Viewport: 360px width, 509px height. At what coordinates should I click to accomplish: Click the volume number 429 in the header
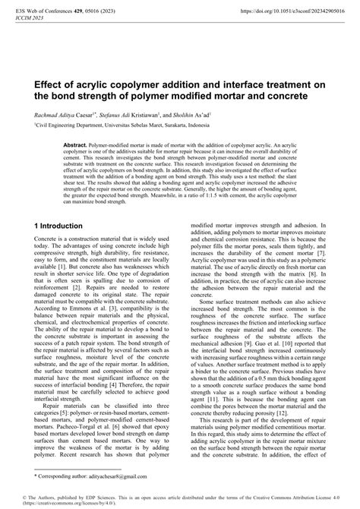click(x=87, y=13)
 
